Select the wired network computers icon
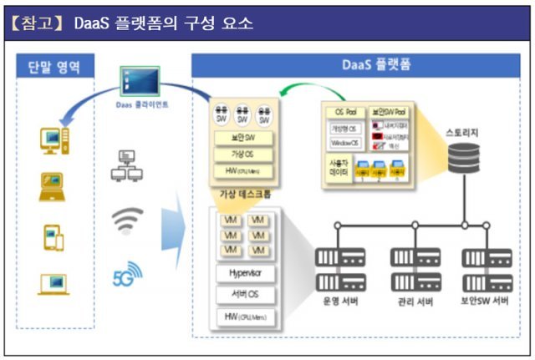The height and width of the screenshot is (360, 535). coord(125,166)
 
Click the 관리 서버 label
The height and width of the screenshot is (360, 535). coord(414,301)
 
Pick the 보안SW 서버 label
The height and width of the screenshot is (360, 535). coord(485,300)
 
